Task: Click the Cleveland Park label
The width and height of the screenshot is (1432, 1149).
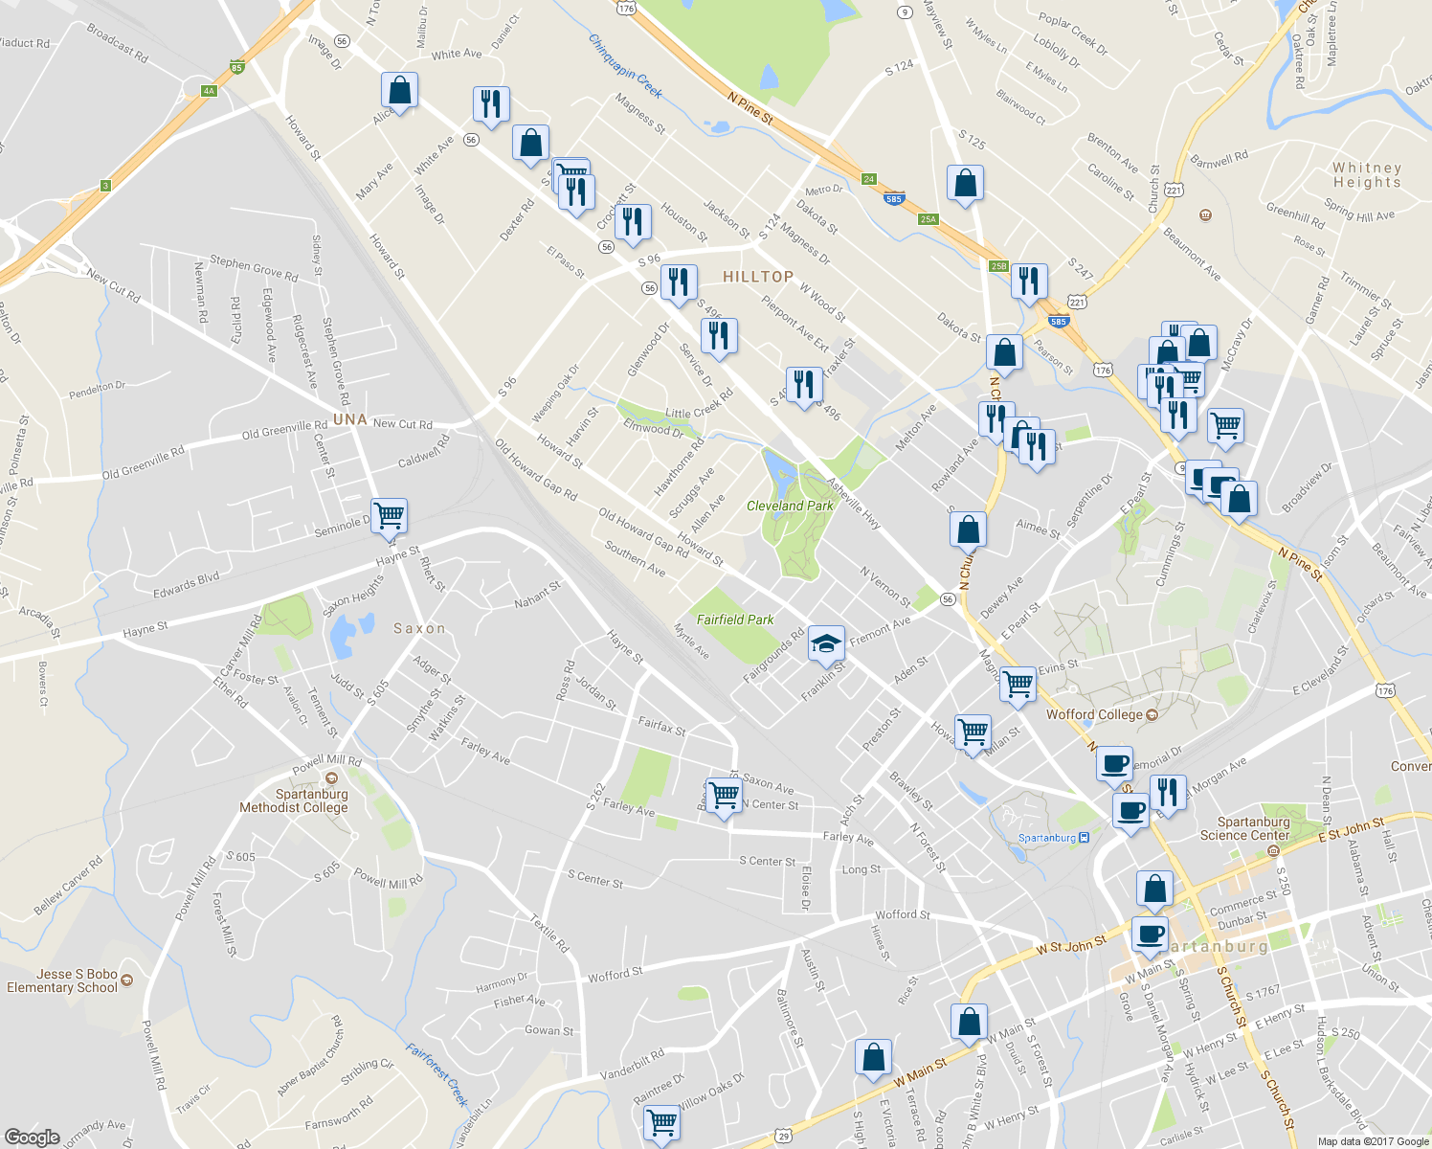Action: (790, 506)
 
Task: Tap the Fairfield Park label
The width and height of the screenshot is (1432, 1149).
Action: (735, 620)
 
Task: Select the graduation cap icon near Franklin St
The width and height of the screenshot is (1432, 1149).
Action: (825, 644)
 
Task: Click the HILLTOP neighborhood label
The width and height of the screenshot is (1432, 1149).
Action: (758, 277)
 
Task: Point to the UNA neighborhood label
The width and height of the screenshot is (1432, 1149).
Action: (350, 419)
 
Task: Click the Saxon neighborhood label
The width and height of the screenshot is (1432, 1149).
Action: (419, 628)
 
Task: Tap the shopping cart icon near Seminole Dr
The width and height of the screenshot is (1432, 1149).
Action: (390, 515)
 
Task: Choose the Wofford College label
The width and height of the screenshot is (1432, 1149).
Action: (1094, 714)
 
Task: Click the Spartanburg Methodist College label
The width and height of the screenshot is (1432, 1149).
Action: (294, 800)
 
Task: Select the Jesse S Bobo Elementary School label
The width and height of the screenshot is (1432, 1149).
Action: (62, 980)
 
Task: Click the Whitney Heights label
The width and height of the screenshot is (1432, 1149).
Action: (1366, 175)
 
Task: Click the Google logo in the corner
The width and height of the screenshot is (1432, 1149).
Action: (32, 1138)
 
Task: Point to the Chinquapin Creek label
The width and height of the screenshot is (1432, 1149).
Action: (625, 66)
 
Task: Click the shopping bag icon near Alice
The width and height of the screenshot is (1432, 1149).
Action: (399, 91)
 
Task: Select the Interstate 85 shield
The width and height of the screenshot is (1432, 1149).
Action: (236, 66)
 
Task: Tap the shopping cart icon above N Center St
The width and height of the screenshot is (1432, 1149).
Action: (725, 794)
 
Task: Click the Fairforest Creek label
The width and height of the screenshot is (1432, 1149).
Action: (436, 1074)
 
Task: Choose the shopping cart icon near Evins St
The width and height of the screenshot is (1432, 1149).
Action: (1017, 684)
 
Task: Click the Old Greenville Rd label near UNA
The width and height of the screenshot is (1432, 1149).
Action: (284, 433)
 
